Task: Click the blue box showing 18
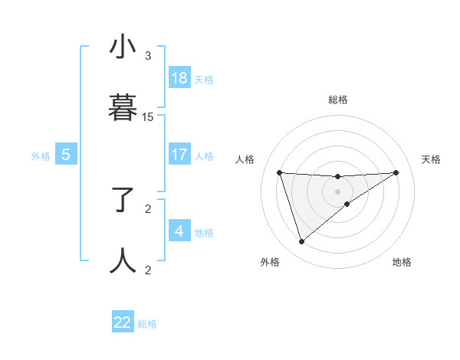pos(179,78)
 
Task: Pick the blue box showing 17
pos(179,155)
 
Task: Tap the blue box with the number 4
pos(179,231)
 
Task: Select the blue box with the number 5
pos(66,155)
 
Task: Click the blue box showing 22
pos(123,322)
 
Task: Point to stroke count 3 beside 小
pos(148,56)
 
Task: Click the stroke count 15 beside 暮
pos(148,117)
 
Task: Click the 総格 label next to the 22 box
pos(147,324)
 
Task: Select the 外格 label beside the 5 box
pos(41,156)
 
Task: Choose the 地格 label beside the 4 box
pos(204,233)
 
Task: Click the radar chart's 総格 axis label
pos(338,100)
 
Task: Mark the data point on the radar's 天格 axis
pos(396,172)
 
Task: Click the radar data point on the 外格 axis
pos(301,242)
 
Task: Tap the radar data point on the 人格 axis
pos(280,172)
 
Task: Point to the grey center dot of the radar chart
pos(338,191)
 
